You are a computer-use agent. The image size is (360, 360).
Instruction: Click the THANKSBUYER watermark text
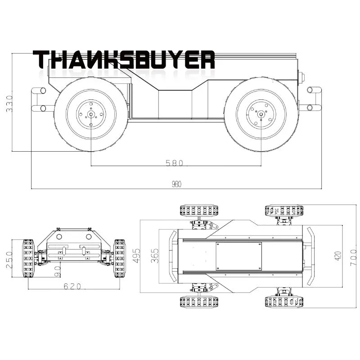coord(124,59)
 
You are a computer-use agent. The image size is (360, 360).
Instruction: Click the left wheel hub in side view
coord(91,114)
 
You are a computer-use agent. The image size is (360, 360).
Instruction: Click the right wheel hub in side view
coord(261,114)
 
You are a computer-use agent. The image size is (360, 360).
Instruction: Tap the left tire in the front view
coord(28,258)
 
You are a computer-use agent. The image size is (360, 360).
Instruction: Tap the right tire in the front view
coord(119,258)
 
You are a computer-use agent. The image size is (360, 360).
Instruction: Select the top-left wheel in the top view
coord(199,210)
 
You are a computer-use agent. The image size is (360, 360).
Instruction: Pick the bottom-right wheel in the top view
coord(283,301)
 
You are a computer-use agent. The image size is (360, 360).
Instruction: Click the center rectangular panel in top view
coord(238,256)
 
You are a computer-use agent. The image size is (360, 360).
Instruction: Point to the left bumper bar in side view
coord(39,99)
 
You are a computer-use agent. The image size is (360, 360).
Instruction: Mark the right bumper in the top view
coord(310,256)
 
